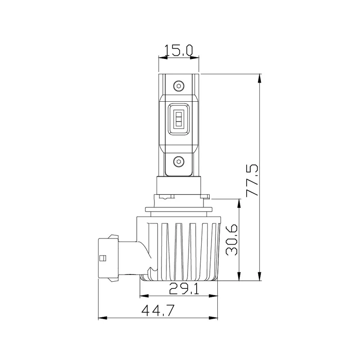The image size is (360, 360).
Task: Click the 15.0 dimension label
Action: point(179,50)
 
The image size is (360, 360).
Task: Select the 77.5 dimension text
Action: point(252,180)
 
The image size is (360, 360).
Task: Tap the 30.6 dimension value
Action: point(232,240)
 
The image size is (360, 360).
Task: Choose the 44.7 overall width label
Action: point(158,310)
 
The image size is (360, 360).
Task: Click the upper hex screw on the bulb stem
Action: point(179,86)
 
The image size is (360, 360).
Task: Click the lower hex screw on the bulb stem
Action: point(179,162)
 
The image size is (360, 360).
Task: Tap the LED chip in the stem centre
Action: point(179,119)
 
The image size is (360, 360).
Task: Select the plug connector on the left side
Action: point(108,258)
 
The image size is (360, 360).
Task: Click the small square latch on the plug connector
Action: point(103,258)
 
